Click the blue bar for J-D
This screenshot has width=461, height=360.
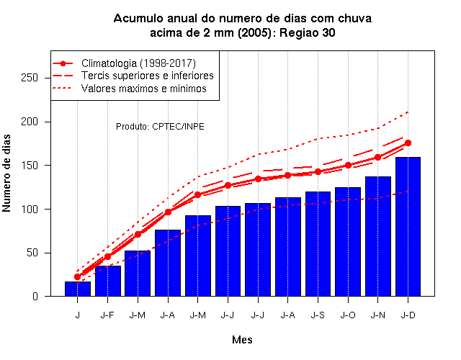(408, 227)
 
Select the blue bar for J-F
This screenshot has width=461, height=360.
(107, 281)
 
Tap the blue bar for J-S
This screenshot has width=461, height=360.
(318, 244)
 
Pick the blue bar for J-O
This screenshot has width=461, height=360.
(348, 242)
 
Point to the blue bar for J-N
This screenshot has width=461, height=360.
(377, 236)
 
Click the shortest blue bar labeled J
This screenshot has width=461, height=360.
(78, 289)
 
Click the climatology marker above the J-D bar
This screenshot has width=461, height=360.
(408, 143)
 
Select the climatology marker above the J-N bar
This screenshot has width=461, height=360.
(377, 157)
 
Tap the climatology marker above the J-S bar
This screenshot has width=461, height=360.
(318, 171)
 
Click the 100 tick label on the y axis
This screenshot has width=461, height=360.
(30, 210)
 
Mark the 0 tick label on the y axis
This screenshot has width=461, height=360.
(35, 296)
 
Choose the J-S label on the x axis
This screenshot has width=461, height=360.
(318, 315)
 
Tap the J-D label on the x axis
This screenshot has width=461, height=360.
(408, 315)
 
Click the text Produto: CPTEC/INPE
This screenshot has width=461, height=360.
(160, 127)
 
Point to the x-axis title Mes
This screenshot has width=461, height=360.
(242, 340)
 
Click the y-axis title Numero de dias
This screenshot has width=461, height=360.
(6, 174)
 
